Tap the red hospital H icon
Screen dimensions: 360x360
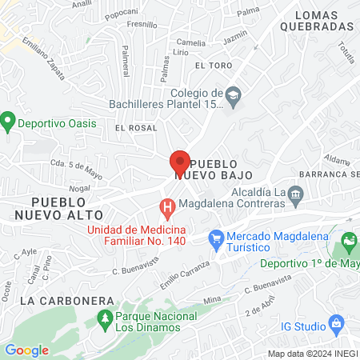[167, 210]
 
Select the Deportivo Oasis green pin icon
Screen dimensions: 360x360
[9, 122]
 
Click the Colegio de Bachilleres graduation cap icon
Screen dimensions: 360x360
[233, 94]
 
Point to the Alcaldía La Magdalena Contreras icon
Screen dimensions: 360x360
[295, 193]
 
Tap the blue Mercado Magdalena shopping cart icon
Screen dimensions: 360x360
[215, 238]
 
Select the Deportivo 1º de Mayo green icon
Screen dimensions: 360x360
[349, 240]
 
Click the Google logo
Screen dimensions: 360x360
[26, 350]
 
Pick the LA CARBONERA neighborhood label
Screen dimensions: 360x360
[56, 301]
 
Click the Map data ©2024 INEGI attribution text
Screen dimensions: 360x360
[311, 353]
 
